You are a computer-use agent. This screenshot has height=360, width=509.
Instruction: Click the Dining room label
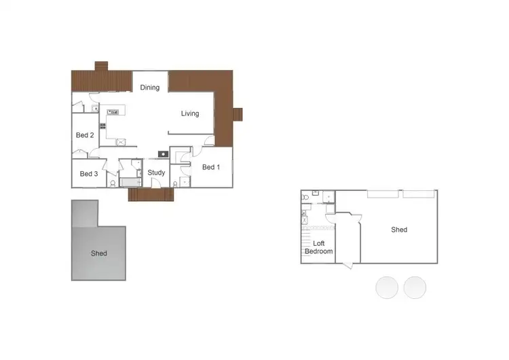tap(150, 87)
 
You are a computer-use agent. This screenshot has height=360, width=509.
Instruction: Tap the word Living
tap(190, 113)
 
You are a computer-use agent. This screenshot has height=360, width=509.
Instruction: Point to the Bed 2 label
tap(85, 135)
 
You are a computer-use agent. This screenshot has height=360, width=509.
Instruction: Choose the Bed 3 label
tap(89, 174)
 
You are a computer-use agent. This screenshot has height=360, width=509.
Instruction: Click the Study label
tap(157, 173)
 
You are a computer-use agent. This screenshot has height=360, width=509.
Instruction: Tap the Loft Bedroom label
tap(318, 247)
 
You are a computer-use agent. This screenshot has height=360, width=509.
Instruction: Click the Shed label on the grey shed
tap(99, 253)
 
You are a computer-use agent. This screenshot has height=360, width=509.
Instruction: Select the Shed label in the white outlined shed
tap(399, 230)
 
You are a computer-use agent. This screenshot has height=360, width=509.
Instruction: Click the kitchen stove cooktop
tap(103, 126)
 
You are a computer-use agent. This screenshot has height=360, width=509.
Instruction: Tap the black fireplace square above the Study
tap(163, 154)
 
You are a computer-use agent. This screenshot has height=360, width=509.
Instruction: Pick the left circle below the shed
tap(387, 287)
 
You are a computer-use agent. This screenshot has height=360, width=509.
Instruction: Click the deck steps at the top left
tap(101, 66)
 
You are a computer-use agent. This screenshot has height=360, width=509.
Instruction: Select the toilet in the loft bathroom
tap(307, 198)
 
